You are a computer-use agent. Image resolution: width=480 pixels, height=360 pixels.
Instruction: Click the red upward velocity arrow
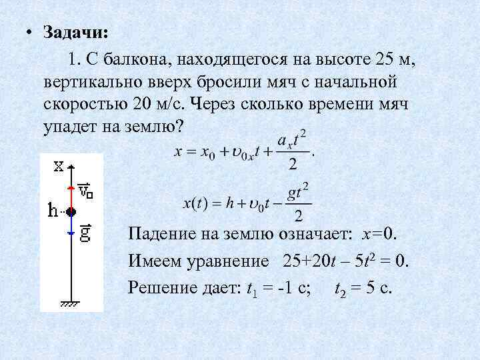[x=71, y=193]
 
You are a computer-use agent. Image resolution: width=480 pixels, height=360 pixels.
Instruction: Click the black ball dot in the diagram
[x=71, y=211]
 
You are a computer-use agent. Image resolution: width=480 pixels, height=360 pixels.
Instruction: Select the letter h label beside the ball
[x=53, y=211]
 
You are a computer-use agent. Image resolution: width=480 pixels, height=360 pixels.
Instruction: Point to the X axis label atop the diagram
[x=59, y=164]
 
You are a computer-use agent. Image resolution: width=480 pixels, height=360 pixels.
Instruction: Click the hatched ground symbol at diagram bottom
[x=71, y=303]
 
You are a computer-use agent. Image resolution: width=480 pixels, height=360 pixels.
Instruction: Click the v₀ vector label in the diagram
[x=86, y=191]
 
